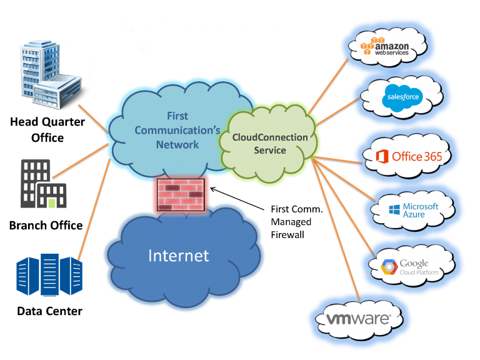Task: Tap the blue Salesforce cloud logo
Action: (403, 97)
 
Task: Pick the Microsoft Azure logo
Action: (413, 210)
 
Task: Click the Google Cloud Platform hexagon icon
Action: (389, 268)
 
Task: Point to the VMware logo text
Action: (359, 319)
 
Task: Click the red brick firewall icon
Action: (179, 193)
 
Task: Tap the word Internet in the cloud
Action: (178, 256)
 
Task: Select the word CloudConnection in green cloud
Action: (270, 137)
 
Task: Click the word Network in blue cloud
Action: (177, 144)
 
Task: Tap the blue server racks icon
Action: (49, 274)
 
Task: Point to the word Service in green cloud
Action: (270, 151)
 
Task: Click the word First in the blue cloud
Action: (177, 116)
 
